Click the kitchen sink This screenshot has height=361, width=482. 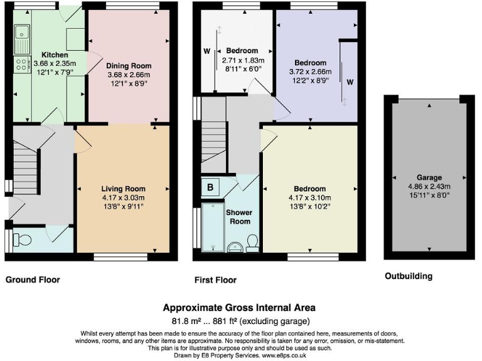[22, 36]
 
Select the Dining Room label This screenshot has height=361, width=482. [128, 65]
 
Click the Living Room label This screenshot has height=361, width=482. [123, 188]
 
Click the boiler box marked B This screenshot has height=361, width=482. [210, 186]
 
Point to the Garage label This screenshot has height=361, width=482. [429, 177]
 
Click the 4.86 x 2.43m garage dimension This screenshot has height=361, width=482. [429, 186]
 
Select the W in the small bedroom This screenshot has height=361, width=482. [206, 51]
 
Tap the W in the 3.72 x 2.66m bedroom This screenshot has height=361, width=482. [350, 82]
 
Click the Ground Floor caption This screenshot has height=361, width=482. [33, 280]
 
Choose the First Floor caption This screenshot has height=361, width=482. [215, 280]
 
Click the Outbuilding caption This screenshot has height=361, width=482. [408, 276]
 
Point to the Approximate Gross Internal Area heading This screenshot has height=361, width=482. [239, 308]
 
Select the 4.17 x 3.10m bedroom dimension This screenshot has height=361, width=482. [309, 197]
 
